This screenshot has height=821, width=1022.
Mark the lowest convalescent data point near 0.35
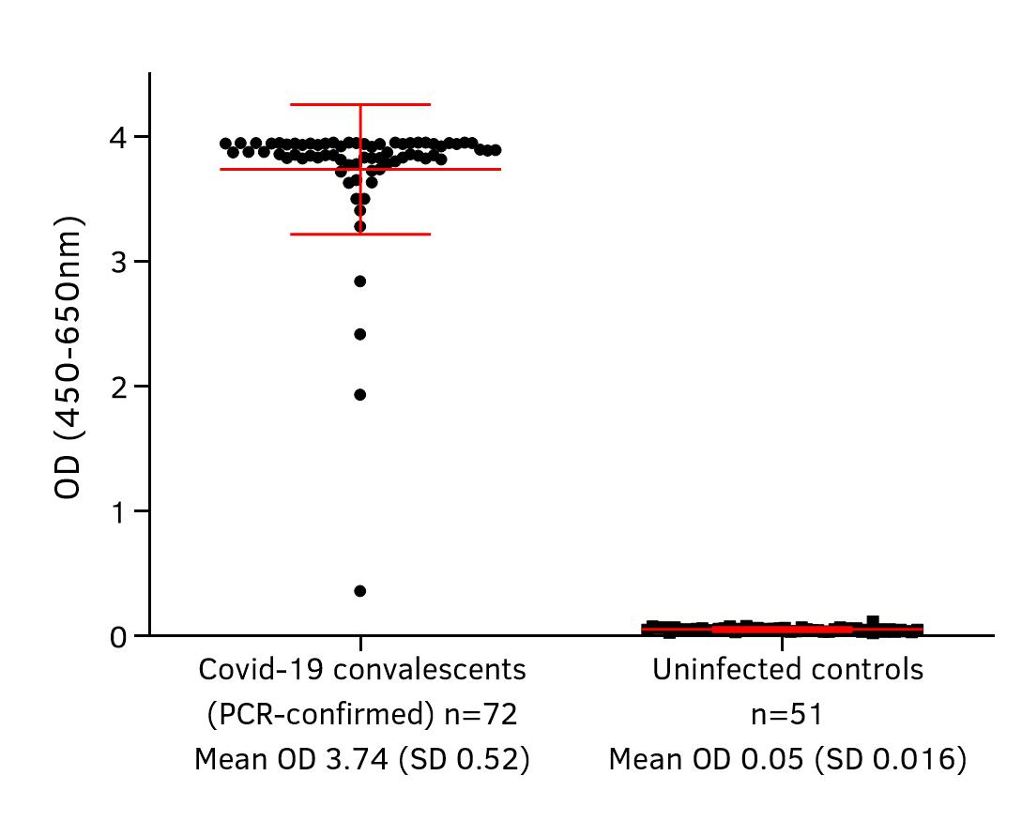click(359, 591)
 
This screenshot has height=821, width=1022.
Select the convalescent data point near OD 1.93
click(359, 395)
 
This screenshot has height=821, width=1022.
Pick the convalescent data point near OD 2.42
click(359, 334)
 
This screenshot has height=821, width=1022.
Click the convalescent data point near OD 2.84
click(359, 281)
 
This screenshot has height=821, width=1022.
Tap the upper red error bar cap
click(360, 104)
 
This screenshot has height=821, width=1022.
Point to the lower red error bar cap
click(360, 234)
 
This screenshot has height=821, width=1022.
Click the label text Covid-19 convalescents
click(361, 670)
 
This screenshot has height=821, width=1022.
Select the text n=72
click(480, 715)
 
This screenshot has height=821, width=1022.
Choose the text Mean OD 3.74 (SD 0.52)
click(361, 759)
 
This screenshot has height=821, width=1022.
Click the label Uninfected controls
click(787, 670)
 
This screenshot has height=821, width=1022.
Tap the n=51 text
click(787, 715)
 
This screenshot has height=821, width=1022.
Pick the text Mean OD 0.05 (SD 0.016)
click(787, 759)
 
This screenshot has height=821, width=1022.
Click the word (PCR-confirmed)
click(319, 715)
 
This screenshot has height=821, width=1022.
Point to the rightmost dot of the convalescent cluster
click(496, 150)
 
